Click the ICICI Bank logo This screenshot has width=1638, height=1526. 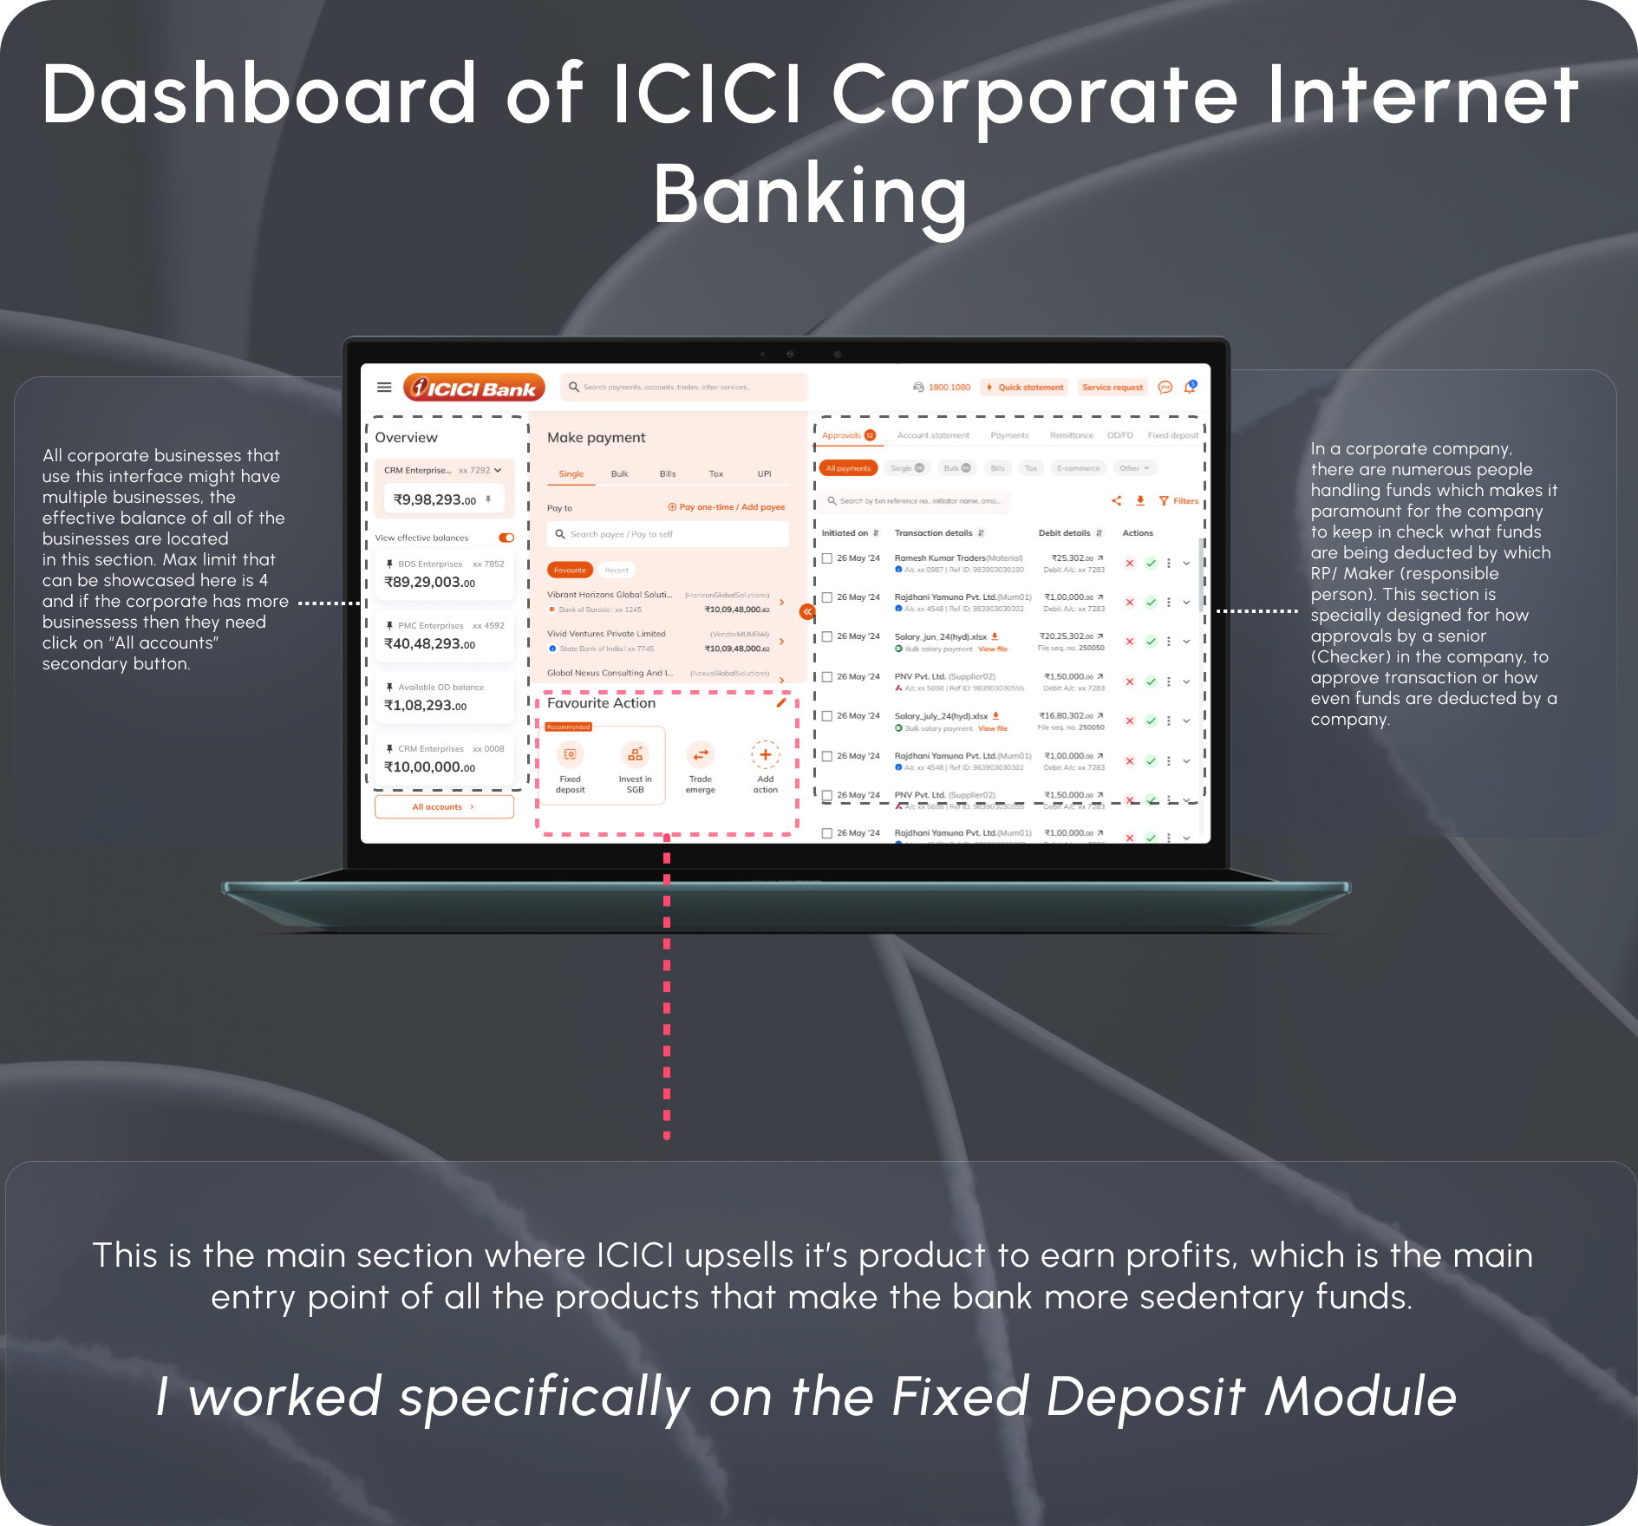(x=474, y=388)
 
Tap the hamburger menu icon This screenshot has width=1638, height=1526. (x=384, y=388)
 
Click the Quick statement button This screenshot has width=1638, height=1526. (x=1024, y=388)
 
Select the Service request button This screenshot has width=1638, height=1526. (x=1112, y=388)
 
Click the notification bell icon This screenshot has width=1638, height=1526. (x=1190, y=388)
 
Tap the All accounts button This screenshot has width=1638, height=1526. (x=443, y=807)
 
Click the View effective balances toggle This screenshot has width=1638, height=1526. (x=506, y=538)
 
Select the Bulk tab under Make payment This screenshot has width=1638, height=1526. (x=619, y=474)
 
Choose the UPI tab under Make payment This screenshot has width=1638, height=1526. (x=764, y=474)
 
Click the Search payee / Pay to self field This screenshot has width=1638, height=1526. (x=668, y=534)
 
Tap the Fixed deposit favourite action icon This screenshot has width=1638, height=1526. (x=570, y=755)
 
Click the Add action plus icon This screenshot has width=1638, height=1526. (x=765, y=755)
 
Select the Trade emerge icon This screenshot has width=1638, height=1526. (x=700, y=755)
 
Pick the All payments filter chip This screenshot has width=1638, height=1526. (x=848, y=468)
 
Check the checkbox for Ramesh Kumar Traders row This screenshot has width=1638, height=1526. (x=827, y=558)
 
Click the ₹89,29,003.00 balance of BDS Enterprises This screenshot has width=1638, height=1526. (x=430, y=583)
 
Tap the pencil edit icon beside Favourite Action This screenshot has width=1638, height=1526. (x=781, y=703)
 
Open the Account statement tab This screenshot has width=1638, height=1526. (x=933, y=435)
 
